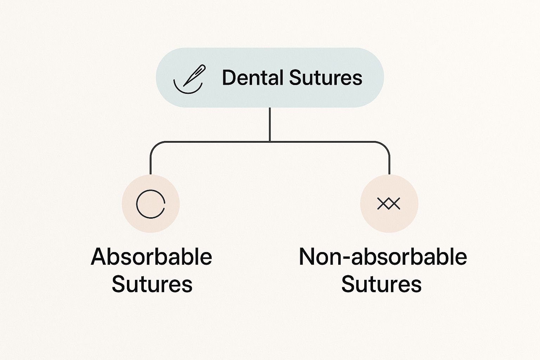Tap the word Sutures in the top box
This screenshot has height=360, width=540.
pos(326,78)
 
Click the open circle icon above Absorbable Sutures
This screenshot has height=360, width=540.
pos(150,204)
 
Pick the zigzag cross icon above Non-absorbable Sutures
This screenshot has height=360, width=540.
pos(388,204)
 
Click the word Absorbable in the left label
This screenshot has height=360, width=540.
pos(152,257)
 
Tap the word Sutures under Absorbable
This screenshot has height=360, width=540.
pos(152,284)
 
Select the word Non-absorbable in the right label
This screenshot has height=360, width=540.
pos(383,257)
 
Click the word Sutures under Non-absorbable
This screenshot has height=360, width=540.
pos(381,284)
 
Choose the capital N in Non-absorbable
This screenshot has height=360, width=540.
pos(307,257)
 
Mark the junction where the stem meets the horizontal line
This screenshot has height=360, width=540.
pos(270,142)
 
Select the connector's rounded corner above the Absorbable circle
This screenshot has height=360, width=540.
pos(154,145)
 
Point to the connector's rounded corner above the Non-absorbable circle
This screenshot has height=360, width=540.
pos(386,145)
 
